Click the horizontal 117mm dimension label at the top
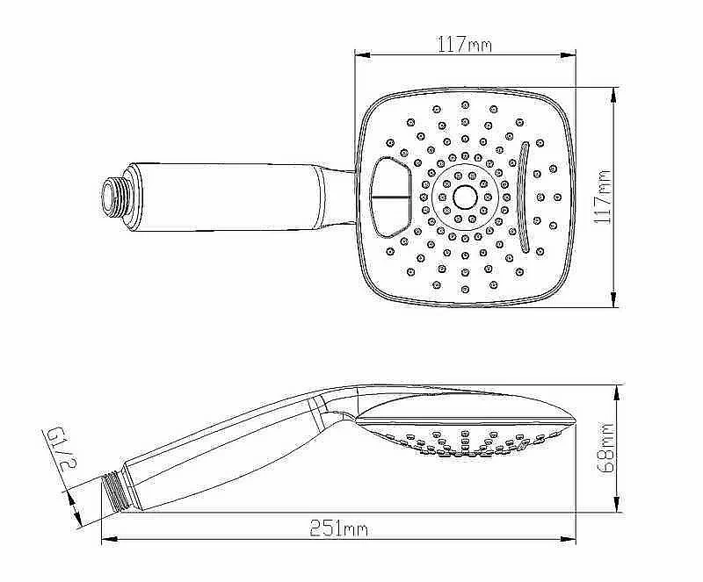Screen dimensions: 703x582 coord(465,45)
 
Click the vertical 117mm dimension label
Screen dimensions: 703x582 coord(602,197)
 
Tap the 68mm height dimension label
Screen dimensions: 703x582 coord(605,448)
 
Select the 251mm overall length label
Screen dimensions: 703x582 coord(339,528)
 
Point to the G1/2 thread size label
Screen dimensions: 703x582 coord(60,449)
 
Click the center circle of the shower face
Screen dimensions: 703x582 coord(465,198)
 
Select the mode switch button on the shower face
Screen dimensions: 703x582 coord(390,198)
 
